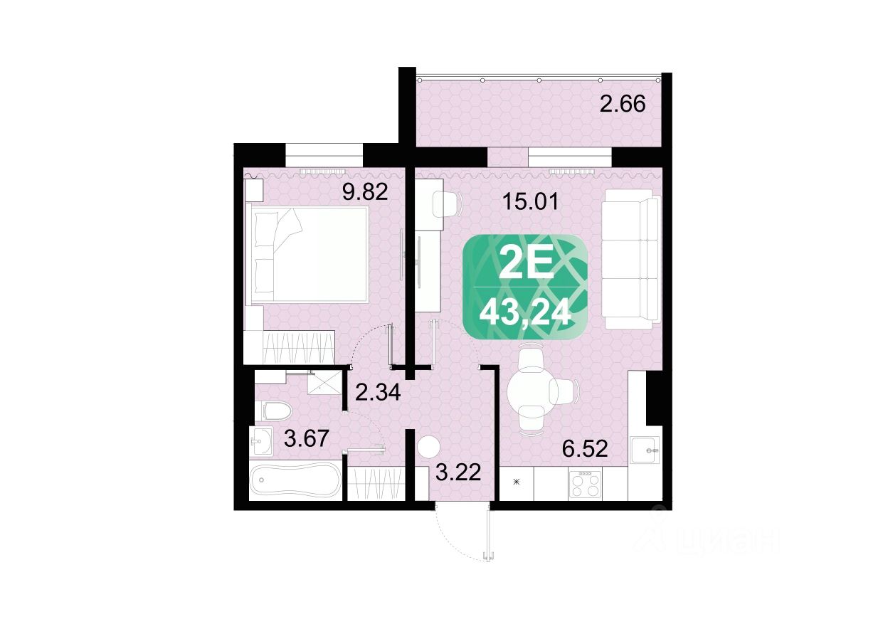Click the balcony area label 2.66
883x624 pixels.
(x=623, y=105)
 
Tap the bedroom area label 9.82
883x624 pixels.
(x=366, y=192)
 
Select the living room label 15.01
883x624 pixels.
(x=531, y=203)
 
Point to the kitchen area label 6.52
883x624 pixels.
(x=585, y=449)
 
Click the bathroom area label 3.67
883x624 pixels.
(x=307, y=439)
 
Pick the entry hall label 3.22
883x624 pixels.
(x=458, y=472)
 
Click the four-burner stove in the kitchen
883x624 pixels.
(x=586, y=485)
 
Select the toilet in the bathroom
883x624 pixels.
(x=277, y=411)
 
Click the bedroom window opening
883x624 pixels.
(x=324, y=155)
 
